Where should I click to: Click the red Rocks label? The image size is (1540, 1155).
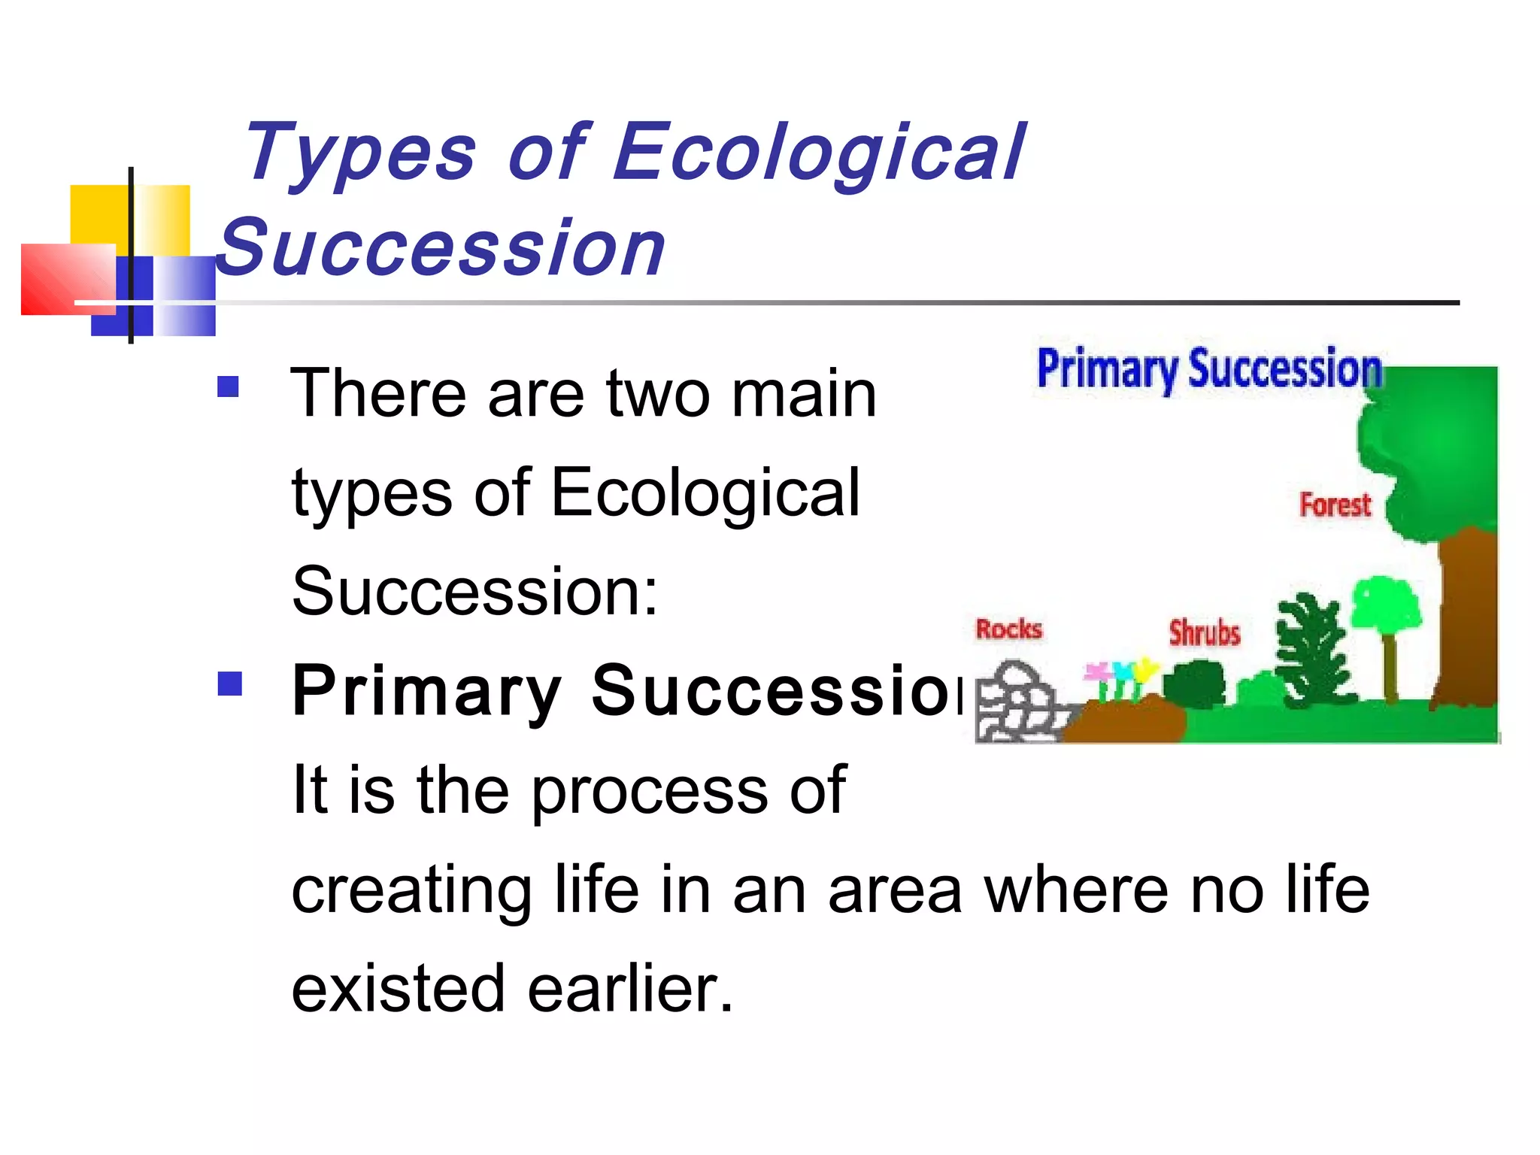coord(1008,629)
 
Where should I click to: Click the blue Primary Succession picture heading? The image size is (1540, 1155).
coord(1209,370)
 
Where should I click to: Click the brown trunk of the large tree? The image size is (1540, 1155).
coord(1466,617)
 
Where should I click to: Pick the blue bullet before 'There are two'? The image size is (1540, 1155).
coord(228,387)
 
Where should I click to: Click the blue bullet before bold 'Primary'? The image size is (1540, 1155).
coord(229,684)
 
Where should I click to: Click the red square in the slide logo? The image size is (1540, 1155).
coord(68,278)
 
